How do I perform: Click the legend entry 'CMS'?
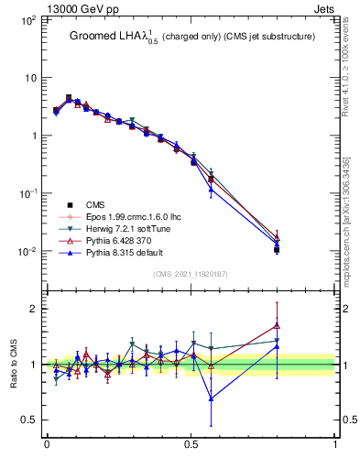(x=96, y=205)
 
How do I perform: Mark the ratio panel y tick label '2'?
(x=35, y=309)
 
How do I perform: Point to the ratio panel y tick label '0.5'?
(x=30, y=420)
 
